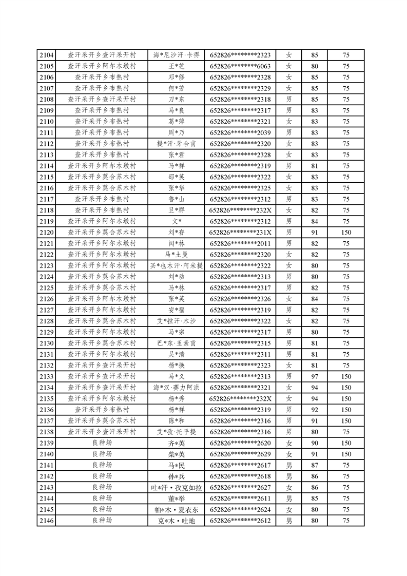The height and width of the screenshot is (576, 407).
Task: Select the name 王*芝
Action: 177,66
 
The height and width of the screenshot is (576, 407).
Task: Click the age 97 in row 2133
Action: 315,376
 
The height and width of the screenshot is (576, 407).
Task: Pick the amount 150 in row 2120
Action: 346,233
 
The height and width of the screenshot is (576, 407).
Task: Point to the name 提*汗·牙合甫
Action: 177,144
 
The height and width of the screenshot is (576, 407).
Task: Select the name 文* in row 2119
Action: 177,221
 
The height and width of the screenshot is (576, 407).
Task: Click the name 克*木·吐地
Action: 177,521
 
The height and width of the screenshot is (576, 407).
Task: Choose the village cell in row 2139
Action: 102,443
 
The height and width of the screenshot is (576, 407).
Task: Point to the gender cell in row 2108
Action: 289,99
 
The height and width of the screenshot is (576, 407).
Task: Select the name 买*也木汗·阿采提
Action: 177,265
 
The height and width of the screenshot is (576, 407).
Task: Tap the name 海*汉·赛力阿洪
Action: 177,388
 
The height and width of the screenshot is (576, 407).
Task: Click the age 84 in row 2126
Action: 315,299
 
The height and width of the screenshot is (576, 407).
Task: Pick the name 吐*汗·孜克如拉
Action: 177,487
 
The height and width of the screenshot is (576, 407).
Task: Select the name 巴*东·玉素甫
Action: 177,343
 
